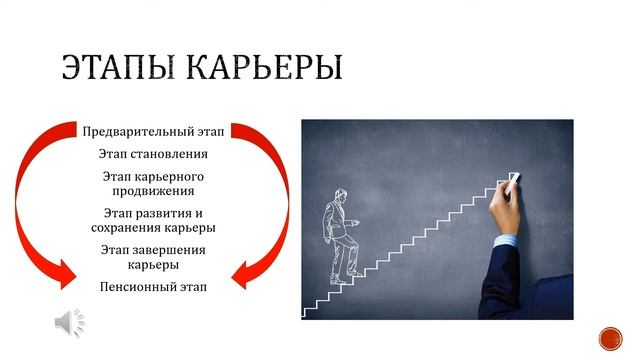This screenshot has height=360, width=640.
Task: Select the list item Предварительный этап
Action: pyautogui.click(x=153, y=131)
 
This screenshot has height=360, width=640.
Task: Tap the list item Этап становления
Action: pyautogui.click(x=153, y=155)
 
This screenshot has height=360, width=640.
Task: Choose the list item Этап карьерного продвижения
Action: pyautogui.click(x=153, y=183)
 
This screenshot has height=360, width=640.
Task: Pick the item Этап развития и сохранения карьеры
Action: pyautogui.click(x=153, y=220)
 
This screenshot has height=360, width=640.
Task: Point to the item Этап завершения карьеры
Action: pyautogui.click(x=153, y=257)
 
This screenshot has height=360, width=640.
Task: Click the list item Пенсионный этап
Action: pyautogui.click(x=153, y=287)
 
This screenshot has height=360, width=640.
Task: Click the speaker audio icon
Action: pyautogui.click(x=69, y=322)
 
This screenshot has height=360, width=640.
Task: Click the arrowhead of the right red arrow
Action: pyautogui.click(x=242, y=271)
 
